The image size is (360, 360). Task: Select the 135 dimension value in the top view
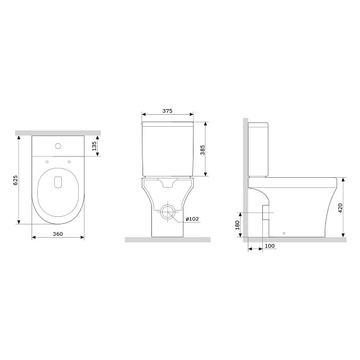[95, 147]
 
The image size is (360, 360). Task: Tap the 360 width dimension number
[58, 233]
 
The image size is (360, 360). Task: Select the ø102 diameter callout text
[192, 219]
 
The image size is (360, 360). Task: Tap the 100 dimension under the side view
[269, 245]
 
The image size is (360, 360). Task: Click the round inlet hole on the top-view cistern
[58, 146]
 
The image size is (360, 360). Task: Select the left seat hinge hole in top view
[48, 164]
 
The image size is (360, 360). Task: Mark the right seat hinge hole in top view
[68, 164]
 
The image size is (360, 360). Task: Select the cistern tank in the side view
[259, 148]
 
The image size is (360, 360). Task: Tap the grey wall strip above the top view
[58, 132]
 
